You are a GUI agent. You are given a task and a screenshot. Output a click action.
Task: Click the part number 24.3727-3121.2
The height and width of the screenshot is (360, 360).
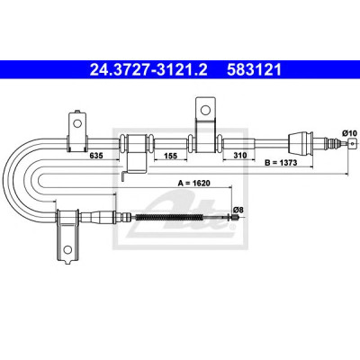point(148,69)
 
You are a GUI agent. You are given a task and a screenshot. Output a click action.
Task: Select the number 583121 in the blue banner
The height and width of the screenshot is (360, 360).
point(255,69)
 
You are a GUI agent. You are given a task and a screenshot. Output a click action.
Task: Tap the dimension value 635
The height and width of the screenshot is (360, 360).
point(96,156)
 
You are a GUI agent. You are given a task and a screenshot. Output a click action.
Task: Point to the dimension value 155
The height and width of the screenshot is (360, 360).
point(171,156)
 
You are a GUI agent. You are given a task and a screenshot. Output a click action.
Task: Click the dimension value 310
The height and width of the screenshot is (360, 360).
point(240,155)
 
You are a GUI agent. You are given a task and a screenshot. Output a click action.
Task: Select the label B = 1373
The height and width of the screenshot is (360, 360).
point(281,163)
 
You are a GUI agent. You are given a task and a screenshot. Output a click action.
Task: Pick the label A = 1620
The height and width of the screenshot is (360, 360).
point(194,183)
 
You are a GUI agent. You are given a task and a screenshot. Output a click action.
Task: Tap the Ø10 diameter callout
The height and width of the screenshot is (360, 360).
point(349,132)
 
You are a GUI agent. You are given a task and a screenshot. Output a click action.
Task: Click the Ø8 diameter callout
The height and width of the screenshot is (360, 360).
point(238,210)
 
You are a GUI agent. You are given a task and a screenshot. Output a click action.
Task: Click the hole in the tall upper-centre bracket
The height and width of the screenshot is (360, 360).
point(205,110)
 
